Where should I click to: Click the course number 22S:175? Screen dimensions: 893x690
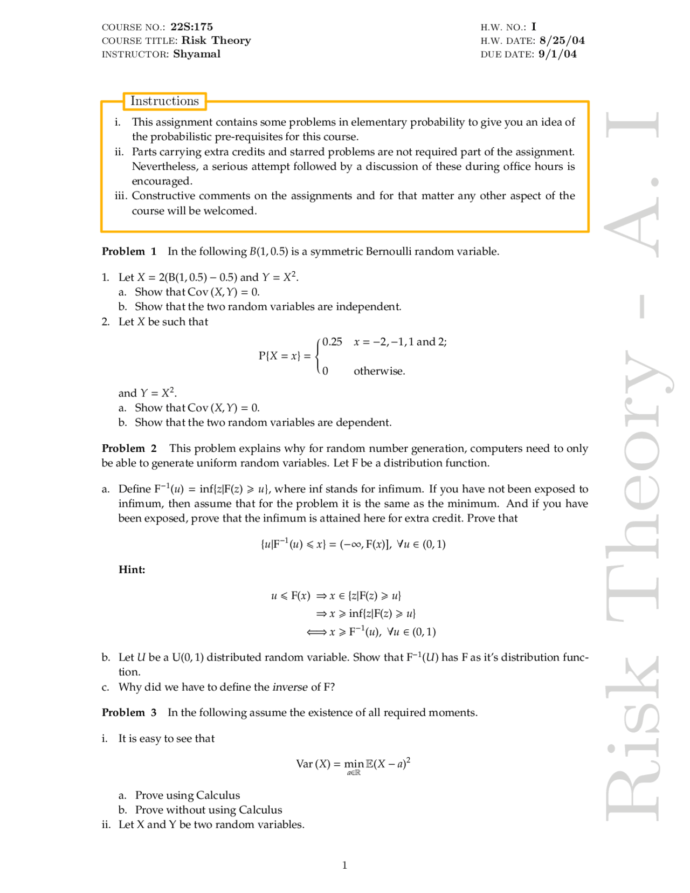[191, 27]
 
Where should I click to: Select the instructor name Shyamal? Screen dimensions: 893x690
[197, 54]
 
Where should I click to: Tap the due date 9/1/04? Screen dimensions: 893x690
[557, 54]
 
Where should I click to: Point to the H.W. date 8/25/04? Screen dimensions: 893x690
[562, 40]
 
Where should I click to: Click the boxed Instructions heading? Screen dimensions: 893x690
[164, 101]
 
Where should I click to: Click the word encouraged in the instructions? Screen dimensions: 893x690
[162, 181]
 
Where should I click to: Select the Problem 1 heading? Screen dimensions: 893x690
[129, 251]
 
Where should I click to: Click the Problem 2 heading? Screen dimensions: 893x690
[129, 448]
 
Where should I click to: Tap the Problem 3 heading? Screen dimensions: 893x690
[129, 712]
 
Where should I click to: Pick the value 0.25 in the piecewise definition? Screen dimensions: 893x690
[332, 342]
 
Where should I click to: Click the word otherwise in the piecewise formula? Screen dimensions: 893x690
[379, 371]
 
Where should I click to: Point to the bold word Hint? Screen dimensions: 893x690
[132, 569]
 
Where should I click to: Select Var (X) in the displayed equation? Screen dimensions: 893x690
[313, 764]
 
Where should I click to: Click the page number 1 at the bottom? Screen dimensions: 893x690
[344, 865]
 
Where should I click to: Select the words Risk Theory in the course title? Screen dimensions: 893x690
[216, 40]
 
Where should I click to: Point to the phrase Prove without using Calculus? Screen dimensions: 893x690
[208, 810]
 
